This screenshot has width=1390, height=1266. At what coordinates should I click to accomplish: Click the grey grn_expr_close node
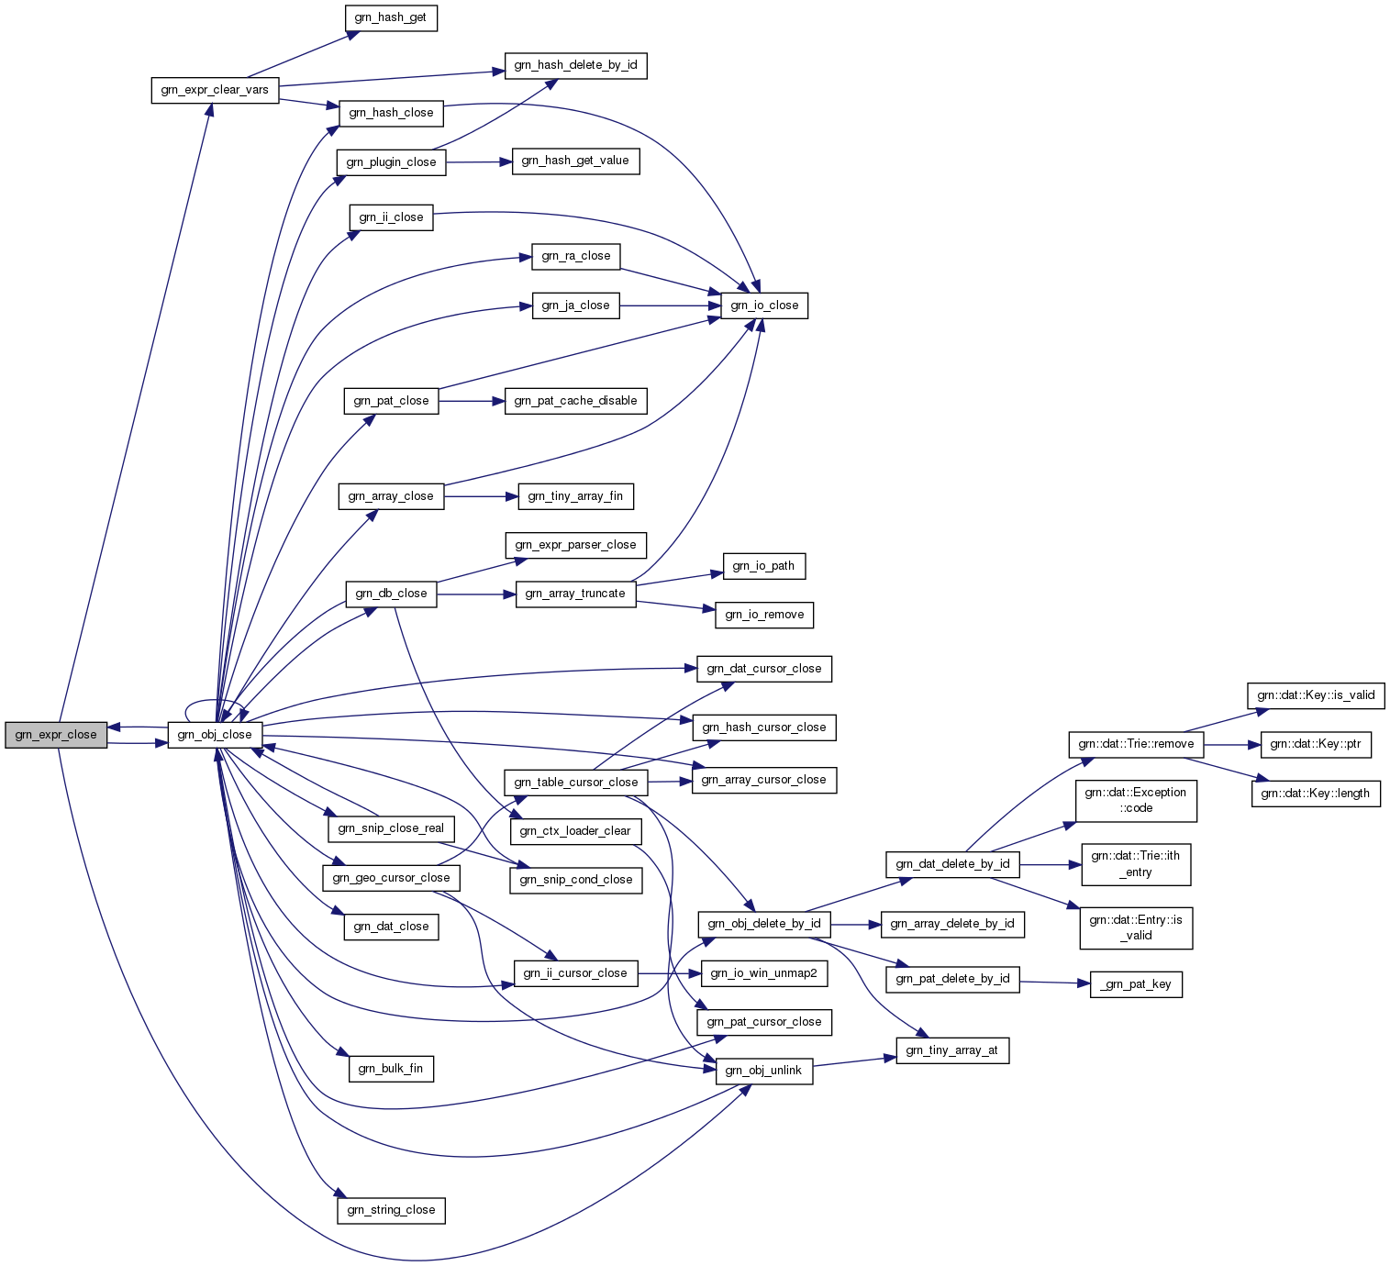click(56, 735)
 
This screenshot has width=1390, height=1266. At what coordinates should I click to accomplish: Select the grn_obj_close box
click(215, 735)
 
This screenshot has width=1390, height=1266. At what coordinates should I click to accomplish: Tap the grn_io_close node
click(764, 305)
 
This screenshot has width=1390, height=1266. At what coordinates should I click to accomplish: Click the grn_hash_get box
click(391, 17)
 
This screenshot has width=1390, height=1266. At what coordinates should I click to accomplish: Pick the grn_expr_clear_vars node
click(215, 90)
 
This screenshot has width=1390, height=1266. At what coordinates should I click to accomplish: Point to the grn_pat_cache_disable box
click(575, 401)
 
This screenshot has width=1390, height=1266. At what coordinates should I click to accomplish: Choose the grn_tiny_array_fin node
click(575, 496)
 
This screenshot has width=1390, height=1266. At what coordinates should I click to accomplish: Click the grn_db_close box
click(391, 594)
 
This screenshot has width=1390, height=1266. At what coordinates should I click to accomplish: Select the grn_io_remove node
click(764, 615)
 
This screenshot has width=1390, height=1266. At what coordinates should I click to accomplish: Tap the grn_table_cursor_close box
click(575, 783)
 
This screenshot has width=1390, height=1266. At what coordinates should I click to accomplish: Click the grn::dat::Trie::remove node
click(1136, 744)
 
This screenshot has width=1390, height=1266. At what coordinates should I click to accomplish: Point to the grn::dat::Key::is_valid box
click(1316, 695)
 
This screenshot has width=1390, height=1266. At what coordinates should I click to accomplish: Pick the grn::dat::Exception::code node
click(1136, 801)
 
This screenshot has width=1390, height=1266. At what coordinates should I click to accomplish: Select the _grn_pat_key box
click(1136, 984)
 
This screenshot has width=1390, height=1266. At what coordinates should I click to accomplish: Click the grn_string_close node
click(391, 1210)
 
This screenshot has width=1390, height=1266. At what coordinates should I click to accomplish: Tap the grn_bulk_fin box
click(391, 1069)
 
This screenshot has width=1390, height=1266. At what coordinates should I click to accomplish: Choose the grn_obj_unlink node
click(764, 1071)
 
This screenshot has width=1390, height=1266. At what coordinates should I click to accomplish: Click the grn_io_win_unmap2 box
click(764, 973)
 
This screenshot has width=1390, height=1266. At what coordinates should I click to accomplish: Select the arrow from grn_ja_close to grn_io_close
click(670, 305)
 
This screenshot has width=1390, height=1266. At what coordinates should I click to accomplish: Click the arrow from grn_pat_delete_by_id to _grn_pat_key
click(1054, 983)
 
